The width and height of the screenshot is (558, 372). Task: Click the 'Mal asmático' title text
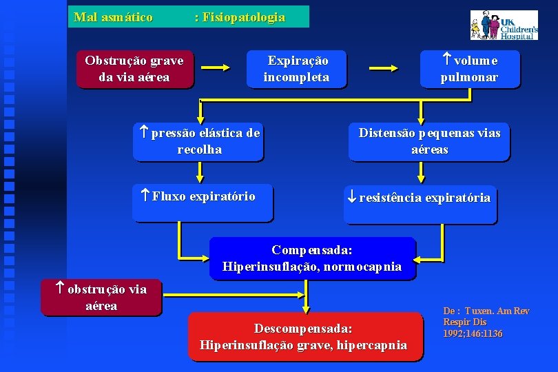[x=113, y=17]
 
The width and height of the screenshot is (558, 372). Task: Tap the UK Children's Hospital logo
[x=504, y=25]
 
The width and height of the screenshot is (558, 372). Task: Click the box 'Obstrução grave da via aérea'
[x=134, y=69]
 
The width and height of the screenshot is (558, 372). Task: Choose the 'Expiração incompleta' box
[x=297, y=69]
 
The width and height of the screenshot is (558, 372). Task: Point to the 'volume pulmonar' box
[x=469, y=69]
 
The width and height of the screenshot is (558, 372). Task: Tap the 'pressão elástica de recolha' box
[x=199, y=141]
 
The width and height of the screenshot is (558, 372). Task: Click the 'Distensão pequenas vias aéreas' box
[x=429, y=141]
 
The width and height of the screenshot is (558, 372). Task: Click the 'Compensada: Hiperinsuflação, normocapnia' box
[x=312, y=258]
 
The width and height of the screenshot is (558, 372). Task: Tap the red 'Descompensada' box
[x=304, y=337]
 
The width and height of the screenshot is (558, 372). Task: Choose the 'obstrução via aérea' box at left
[x=101, y=298]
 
